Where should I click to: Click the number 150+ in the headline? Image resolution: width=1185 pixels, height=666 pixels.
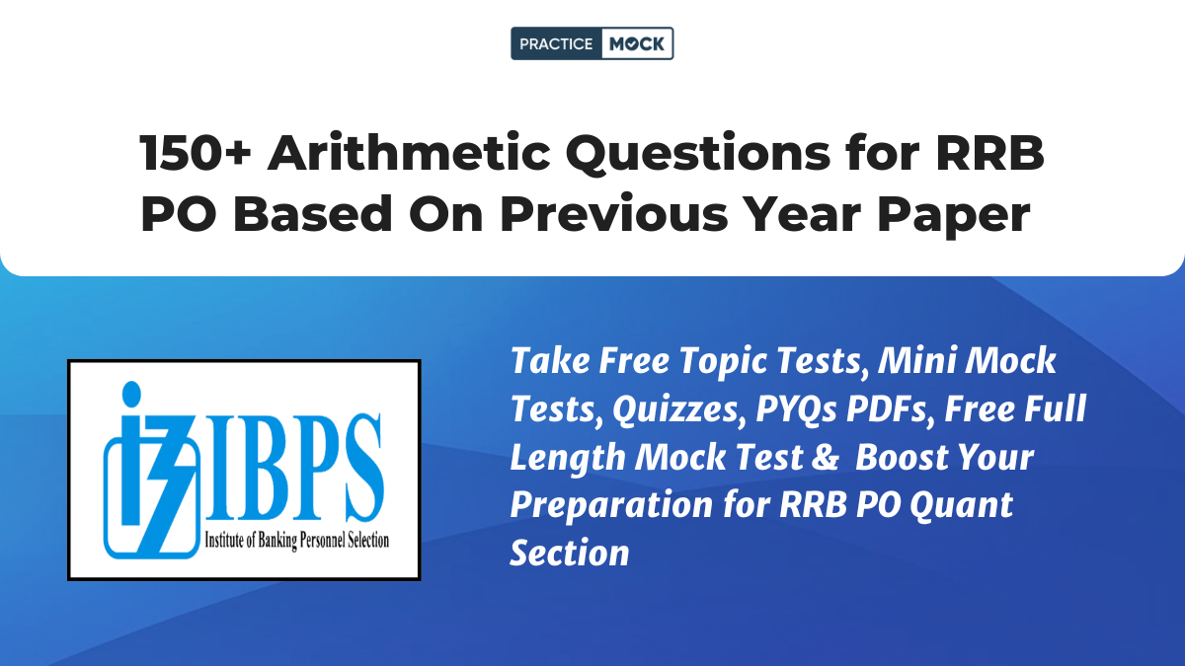[196, 153]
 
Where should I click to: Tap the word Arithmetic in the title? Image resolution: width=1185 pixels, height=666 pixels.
[409, 153]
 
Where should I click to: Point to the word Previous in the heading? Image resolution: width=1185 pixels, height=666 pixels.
[613, 213]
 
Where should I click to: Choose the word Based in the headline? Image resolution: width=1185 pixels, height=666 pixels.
[312, 213]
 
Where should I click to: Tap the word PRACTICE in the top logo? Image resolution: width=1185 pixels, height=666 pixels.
[556, 43]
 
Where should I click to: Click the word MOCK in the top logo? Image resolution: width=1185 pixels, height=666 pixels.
[636, 43]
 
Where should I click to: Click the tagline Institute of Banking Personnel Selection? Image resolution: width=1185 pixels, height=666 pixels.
[297, 541]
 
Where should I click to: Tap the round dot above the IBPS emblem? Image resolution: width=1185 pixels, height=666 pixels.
[131, 394]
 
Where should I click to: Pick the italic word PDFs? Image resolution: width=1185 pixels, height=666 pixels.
[890, 408]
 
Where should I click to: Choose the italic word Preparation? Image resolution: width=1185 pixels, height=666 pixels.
[611, 505]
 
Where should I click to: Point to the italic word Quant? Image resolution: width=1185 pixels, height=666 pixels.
[961, 505]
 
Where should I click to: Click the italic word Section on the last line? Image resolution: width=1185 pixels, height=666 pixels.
[570, 553]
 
